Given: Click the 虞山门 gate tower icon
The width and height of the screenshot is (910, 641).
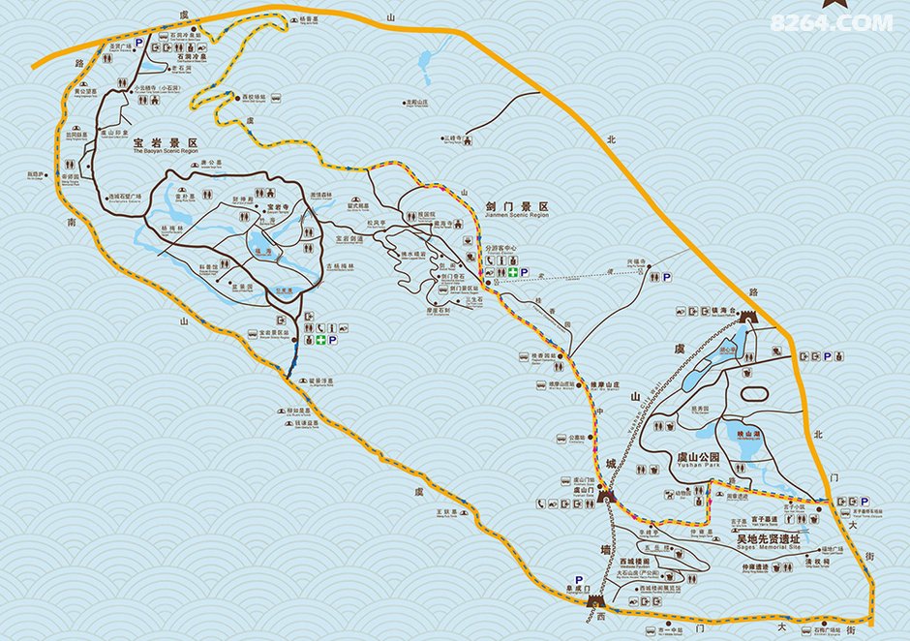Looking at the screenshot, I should pos(607,495).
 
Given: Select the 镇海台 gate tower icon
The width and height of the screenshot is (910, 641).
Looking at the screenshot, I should pos(746,315).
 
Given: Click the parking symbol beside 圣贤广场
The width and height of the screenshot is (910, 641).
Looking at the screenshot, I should pos(138,44).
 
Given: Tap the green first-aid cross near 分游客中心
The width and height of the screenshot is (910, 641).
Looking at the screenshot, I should pos(510,273).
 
